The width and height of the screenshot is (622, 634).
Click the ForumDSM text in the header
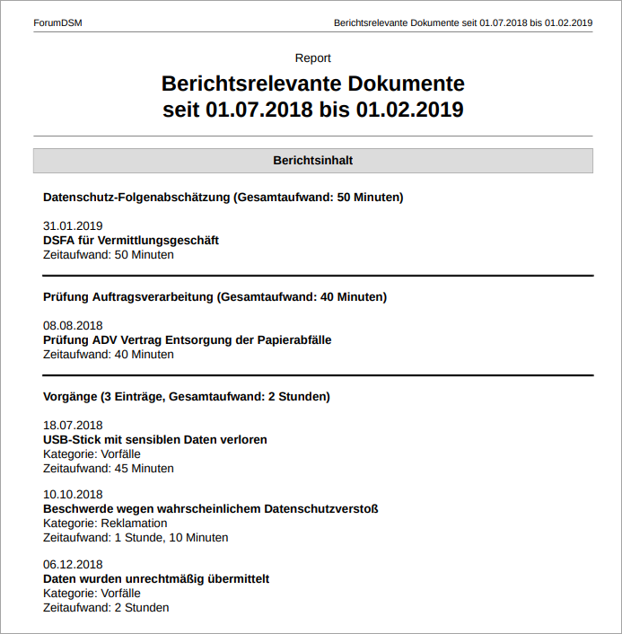tap(57, 22)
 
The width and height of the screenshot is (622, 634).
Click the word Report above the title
tap(312, 58)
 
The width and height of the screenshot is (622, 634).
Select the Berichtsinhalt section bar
tap(312, 161)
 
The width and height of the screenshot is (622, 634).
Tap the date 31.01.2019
tap(73, 226)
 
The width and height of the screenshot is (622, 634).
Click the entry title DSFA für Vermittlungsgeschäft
tap(131, 241)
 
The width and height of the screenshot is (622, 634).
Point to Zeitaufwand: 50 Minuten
tap(109, 255)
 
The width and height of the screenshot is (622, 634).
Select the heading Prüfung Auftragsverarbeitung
tap(215, 296)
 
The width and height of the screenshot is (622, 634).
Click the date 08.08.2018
tap(73, 326)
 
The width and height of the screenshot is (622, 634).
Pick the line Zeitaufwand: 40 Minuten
tap(109, 355)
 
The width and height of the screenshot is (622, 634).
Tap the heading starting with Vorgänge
tap(187, 396)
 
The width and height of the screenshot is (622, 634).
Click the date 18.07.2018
tap(73, 426)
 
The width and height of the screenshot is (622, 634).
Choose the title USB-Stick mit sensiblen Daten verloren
tap(155, 440)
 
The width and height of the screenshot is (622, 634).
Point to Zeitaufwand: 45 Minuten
tap(109, 469)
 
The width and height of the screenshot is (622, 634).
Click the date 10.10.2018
tap(73, 495)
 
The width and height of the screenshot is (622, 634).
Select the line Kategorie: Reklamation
tap(105, 524)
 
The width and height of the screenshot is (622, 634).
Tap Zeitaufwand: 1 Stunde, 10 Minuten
tap(136, 538)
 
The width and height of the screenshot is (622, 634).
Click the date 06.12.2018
tap(73, 565)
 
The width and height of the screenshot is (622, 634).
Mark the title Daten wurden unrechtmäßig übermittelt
tap(156, 579)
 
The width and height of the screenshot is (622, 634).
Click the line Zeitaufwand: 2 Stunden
tap(106, 608)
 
